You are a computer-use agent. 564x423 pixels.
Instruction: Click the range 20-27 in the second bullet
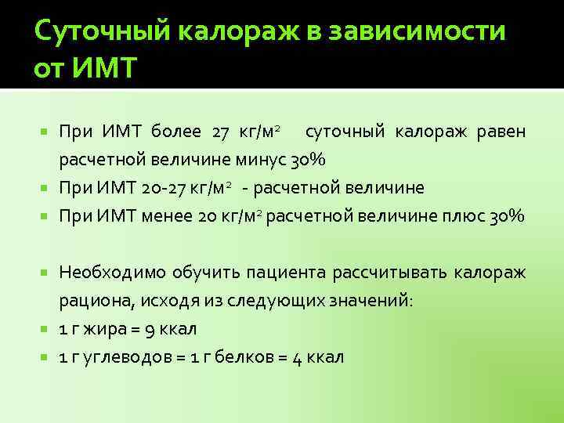coord(165,188)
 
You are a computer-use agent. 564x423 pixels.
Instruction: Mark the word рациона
coord(88,301)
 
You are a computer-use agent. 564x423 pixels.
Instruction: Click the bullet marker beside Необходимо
coord(46,272)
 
